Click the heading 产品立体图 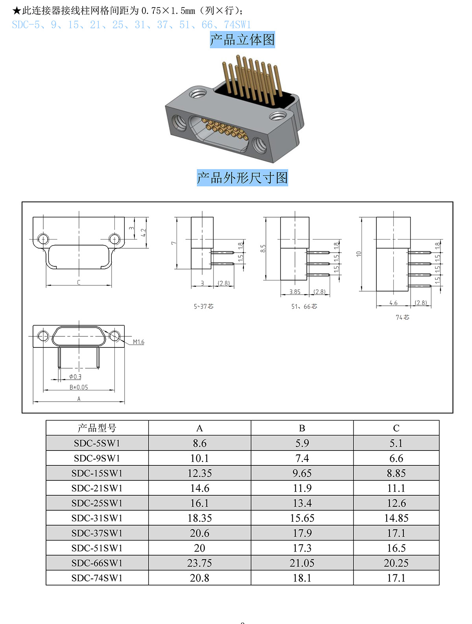[x=242, y=40]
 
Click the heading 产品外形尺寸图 [x=242, y=178]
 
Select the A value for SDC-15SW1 [x=199, y=473]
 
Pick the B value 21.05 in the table [x=302, y=563]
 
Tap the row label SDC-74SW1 [x=97, y=578]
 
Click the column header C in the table [x=396, y=428]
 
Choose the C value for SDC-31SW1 [x=396, y=518]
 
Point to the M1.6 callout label [x=138, y=342]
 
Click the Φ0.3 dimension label [x=75, y=377]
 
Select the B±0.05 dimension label [x=79, y=388]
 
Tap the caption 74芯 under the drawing [x=402, y=317]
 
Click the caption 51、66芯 [x=304, y=306]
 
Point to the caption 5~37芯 [x=203, y=306]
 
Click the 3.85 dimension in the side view [x=295, y=292]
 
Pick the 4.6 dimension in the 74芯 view [x=393, y=303]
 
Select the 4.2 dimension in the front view [x=144, y=233]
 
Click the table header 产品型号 [x=97, y=428]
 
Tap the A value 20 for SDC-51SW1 [x=199, y=548]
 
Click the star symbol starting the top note [x=17, y=11]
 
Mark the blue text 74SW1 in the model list [x=237, y=25]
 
